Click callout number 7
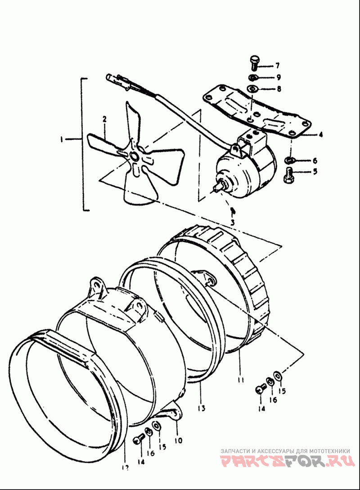pyautogui.click(x=278, y=66)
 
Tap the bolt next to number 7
pyautogui.click(x=254, y=62)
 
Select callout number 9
pyautogui.click(x=279, y=77)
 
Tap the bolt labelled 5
pyautogui.click(x=288, y=173)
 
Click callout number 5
pyautogui.click(x=315, y=171)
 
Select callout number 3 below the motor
pyautogui.click(x=232, y=222)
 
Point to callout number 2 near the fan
pyautogui.click(x=104, y=120)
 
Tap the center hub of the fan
pyautogui.click(x=134, y=156)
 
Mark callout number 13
pyautogui.click(x=201, y=408)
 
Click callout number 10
pyautogui.click(x=179, y=441)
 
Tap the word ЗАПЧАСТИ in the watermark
pyautogui.click(x=236, y=450)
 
